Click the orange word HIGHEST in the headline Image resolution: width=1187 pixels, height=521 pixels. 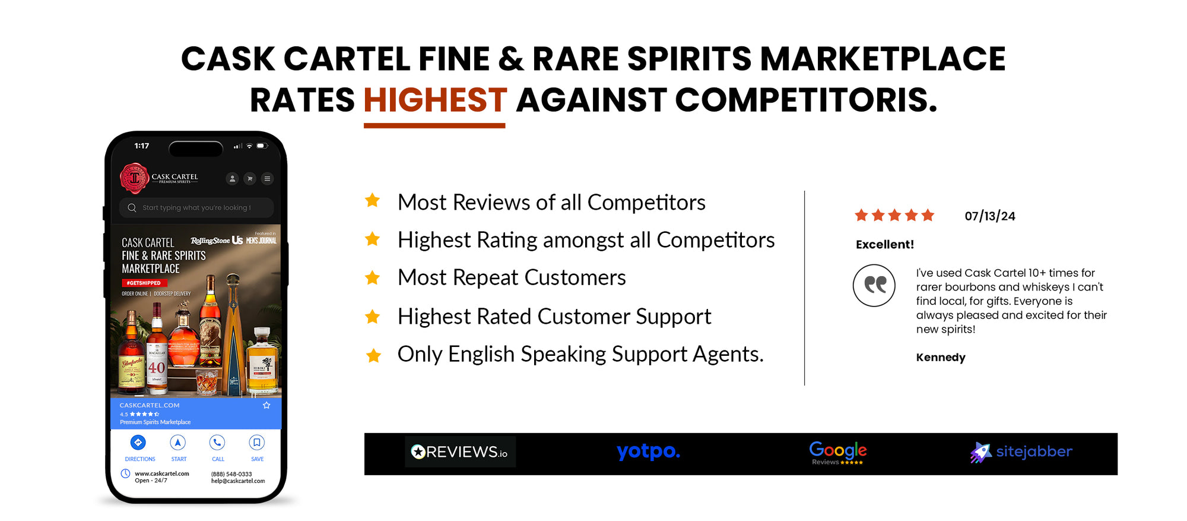(x=435, y=100)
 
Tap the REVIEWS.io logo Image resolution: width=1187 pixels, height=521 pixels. (x=460, y=452)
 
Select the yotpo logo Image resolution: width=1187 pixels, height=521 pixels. (x=648, y=451)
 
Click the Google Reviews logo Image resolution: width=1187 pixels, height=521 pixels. (x=837, y=453)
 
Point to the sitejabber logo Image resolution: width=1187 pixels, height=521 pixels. (x=1021, y=452)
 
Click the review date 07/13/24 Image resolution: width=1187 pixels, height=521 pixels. (x=989, y=216)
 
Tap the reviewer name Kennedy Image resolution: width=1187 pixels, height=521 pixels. (x=940, y=357)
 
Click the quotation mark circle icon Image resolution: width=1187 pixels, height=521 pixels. (x=874, y=285)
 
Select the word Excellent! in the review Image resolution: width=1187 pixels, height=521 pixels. (x=884, y=244)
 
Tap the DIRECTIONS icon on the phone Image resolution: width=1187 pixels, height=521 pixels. (x=138, y=443)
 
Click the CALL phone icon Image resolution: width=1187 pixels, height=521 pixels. (x=217, y=443)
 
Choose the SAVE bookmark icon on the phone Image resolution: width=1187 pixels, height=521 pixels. (x=256, y=443)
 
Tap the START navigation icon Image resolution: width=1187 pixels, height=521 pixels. (x=178, y=443)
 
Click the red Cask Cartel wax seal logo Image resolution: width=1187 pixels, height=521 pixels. (x=135, y=178)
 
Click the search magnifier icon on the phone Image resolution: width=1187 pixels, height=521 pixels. (x=132, y=208)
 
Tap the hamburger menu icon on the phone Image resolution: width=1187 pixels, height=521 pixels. (x=267, y=178)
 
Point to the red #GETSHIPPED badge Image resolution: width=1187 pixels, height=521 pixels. (x=144, y=283)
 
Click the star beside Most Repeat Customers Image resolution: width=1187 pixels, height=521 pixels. (x=373, y=277)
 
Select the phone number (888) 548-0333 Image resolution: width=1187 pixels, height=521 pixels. (x=231, y=474)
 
